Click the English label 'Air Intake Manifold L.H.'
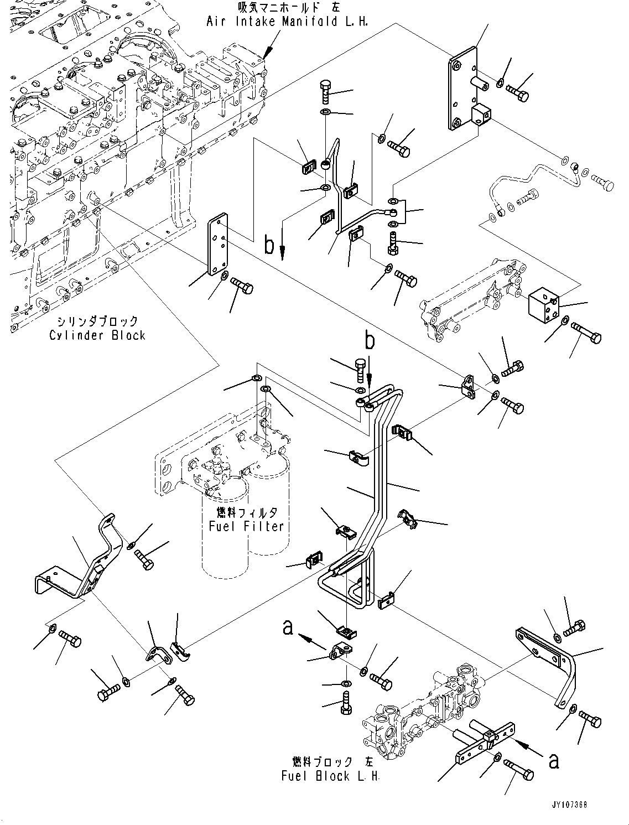point(287,22)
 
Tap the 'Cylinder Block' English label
point(97,335)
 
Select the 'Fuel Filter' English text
point(246,526)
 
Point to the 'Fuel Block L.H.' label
point(330,776)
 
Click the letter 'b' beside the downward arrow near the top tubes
point(269,244)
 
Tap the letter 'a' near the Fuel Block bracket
point(554,761)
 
